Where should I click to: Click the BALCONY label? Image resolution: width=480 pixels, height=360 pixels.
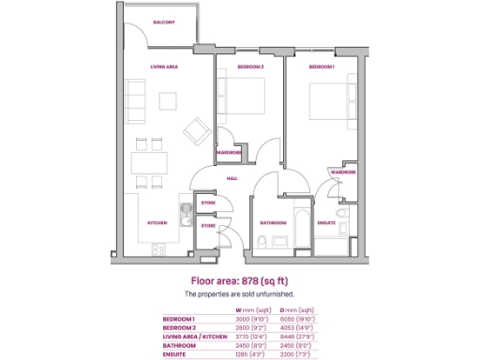click(164, 22)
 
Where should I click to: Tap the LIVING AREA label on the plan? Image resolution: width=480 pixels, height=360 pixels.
click(165, 67)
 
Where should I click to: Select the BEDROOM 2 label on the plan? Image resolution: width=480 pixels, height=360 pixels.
click(250, 67)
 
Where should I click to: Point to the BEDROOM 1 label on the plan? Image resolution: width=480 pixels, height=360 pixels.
click(322, 67)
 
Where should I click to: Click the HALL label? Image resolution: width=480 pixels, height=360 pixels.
click(232, 177)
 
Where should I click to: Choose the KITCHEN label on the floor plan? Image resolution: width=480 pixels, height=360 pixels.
click(157, 222)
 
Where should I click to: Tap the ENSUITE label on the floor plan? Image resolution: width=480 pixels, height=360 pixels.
click(326, 222)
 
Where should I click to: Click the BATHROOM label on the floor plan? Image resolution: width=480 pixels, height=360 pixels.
click(273, 222)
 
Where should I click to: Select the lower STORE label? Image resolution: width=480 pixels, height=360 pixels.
click(208, 225)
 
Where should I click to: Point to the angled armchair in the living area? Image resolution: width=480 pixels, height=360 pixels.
click(196, 129)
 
